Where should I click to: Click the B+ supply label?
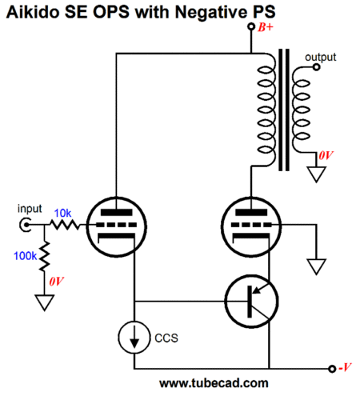[266, 27]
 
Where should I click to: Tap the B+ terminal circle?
[251, 26]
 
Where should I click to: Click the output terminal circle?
[316, 67]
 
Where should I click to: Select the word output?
[321, 58]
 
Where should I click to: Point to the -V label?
[345, 367]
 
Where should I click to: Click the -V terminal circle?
[332, 369]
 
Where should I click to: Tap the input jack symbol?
[25, 225]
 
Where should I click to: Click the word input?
[30, 209]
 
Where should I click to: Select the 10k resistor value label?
[62, 213]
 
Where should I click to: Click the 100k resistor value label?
[25, 256]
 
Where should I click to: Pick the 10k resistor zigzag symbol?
[65, 225]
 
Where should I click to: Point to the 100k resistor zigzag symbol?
[45, 257]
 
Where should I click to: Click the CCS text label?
[166, 338]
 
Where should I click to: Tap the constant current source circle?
[134, 338]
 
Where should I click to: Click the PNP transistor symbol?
[251, 301]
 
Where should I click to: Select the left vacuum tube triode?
[117, 227]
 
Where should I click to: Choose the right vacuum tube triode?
[251, 227]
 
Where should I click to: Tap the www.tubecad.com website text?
[214, 383]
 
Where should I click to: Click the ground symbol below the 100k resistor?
[45, 302]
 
